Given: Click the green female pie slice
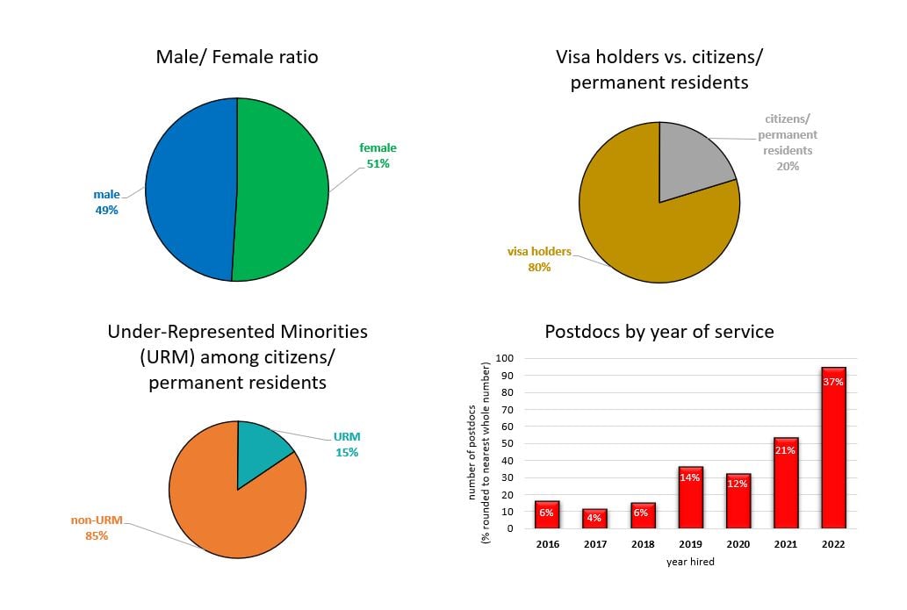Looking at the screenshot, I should click(x=281, y=189).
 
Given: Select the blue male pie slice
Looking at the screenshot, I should click(x=190, y=189).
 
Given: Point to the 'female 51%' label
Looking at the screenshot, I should click(x=378, y=155).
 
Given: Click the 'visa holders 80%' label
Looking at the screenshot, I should click(x=539, y=259).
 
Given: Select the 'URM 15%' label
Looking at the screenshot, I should click(x=346, y=444).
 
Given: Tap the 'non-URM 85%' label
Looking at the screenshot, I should click(x=90, y=527).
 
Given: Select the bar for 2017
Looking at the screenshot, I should click(x=594, y=519).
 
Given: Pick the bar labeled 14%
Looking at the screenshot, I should click(x=690, y=499).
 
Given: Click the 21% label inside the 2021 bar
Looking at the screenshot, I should click(x=785, y=450).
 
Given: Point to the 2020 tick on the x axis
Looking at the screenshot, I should click(x=737, y=544).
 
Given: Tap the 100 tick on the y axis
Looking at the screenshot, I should click(x=504, y=358).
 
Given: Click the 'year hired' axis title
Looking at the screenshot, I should click(x=689, y=562).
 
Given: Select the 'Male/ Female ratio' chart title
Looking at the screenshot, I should click(x=237, y=57).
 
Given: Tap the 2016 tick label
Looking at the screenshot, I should click(x=546, y=544).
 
